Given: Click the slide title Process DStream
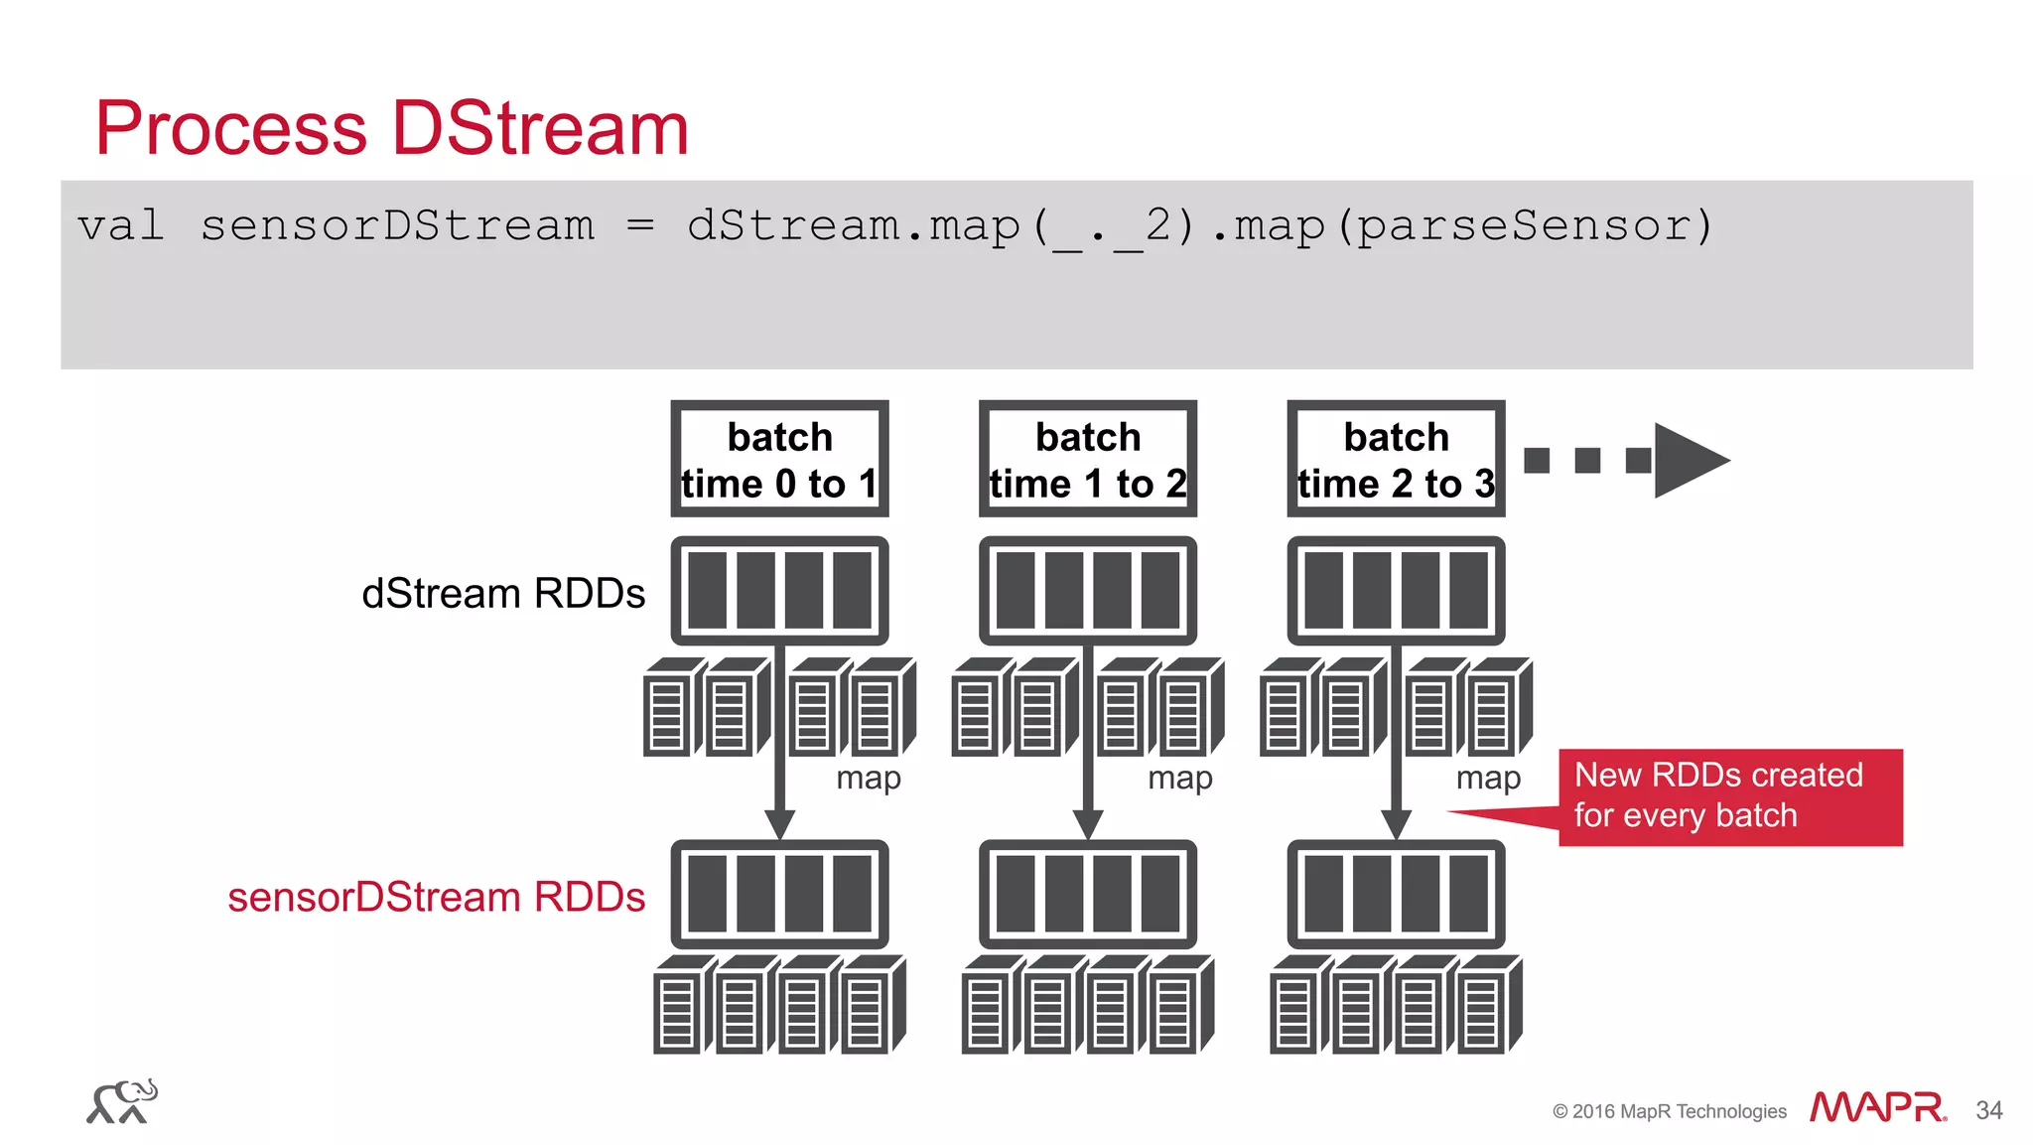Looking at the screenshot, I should (391, 128).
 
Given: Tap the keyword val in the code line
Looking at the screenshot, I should (120, 225).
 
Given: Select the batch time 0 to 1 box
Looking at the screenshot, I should (779, 459).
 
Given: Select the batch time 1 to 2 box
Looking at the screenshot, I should (1087, 459).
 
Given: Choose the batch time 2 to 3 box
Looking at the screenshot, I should (1396, 459).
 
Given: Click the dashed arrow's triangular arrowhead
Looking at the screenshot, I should (1689, 460).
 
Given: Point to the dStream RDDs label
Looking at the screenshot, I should (503, 593).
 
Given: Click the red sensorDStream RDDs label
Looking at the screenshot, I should (436, 897).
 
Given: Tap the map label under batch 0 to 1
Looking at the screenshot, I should (869, 778).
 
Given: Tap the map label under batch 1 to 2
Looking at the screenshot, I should (1179, 778).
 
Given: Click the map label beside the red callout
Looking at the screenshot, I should (1488, 778).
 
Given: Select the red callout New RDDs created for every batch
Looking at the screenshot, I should (1729, 796).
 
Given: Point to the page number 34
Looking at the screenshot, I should (1988, 1110).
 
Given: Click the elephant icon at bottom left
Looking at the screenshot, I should (122, 1101).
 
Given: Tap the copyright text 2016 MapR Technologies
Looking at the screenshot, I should (1670, 1111).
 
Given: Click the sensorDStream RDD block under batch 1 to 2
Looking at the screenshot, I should (1087, 894).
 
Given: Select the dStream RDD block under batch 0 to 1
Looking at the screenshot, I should (779, 591).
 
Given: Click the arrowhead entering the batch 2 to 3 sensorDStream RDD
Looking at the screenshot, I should (1396, 824).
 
